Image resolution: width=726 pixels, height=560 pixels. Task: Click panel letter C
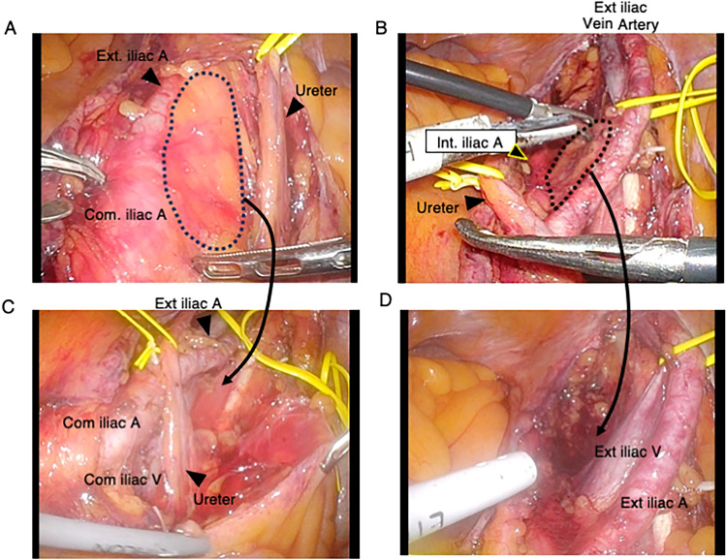point(11,307)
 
